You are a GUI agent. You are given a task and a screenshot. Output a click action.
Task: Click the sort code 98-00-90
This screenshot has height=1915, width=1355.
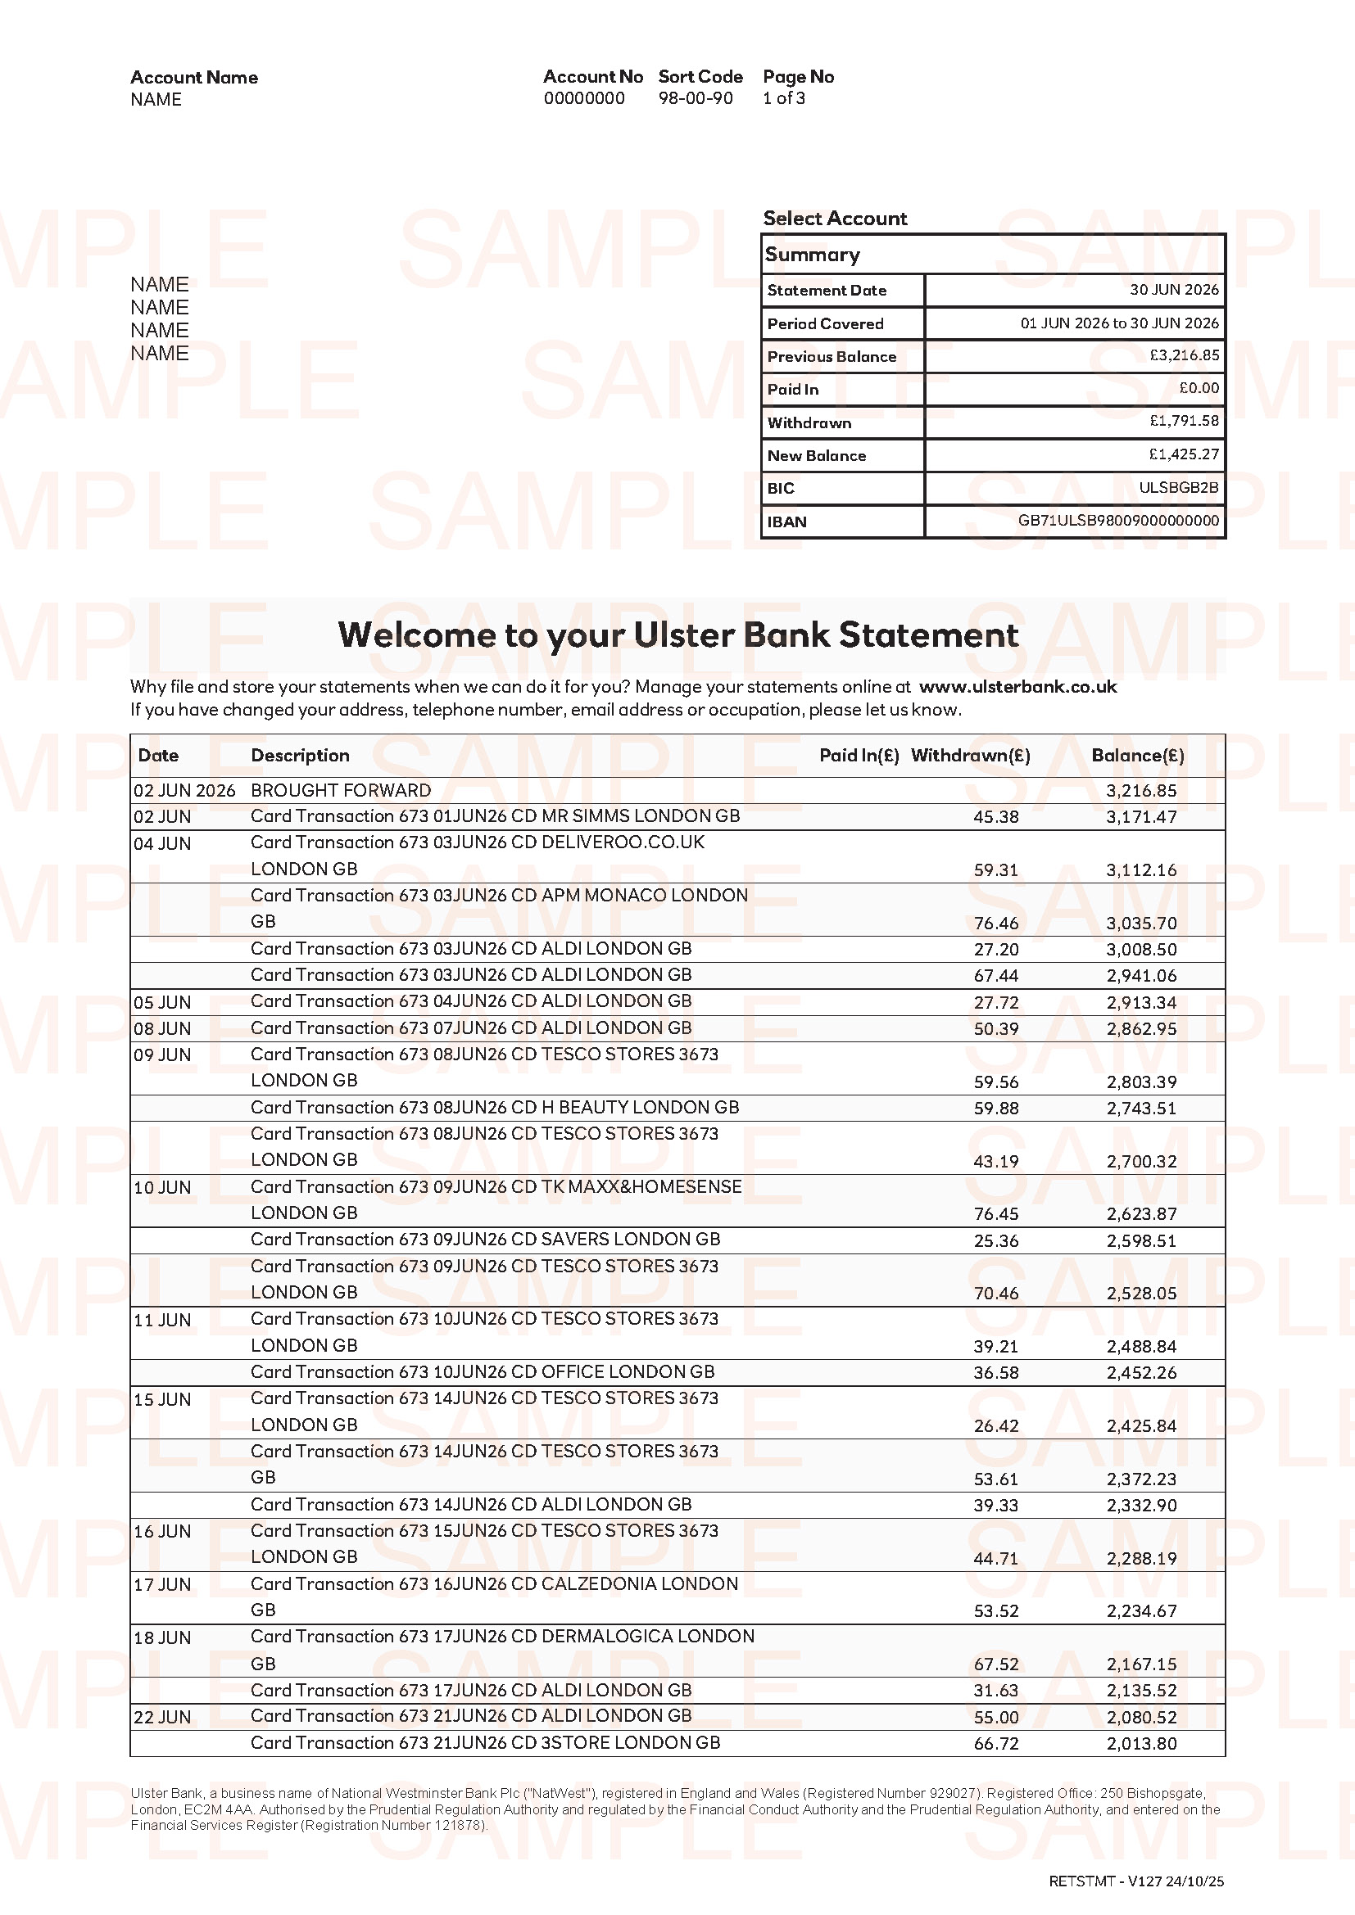(695, 98)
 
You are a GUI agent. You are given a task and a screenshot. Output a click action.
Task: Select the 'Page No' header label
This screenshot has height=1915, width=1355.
(798, 77)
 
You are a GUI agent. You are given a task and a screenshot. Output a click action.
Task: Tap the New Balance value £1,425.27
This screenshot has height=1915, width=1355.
(1183, 454)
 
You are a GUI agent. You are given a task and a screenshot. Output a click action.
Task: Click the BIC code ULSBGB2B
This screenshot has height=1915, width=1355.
(1178, 487)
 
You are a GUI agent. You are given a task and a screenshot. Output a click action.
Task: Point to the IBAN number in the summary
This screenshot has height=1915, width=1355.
(1118, 521)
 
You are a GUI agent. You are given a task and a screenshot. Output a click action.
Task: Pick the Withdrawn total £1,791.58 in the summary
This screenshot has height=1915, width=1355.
(1183, 421)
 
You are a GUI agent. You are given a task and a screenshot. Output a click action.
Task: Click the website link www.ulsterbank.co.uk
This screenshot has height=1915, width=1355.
(1017, 686)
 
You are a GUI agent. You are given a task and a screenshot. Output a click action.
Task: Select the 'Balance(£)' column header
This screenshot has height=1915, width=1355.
(1137, 755)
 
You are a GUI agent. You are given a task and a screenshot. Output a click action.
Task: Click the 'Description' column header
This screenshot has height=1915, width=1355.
(300, 755)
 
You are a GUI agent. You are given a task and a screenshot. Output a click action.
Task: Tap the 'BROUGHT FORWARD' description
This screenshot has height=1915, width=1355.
(341, 790)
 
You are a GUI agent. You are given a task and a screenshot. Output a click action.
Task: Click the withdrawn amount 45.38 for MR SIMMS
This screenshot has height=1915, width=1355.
(995, 816)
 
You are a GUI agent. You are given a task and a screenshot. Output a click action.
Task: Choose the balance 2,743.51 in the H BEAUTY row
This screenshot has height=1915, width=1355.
(1140, 1108)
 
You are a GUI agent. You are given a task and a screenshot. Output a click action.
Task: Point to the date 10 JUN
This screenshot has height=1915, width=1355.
(162, 1187)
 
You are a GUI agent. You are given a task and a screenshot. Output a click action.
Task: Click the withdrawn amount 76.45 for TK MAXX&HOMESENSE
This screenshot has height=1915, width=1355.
(995, 1213)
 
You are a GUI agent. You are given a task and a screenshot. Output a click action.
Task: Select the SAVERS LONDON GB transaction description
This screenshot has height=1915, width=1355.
(485, 1240)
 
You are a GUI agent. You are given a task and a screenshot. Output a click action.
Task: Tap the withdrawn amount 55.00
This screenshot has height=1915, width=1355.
(995, 1717)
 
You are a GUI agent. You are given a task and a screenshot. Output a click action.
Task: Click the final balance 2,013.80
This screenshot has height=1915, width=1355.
(1140, 1743)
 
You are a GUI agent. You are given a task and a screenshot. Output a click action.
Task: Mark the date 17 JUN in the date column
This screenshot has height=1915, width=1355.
(162, 1584)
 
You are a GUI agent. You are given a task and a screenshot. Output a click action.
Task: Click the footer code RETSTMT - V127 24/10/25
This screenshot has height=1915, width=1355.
(1135, 1881)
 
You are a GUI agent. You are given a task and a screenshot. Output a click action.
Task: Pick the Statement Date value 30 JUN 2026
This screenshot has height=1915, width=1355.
(1173, 289)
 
